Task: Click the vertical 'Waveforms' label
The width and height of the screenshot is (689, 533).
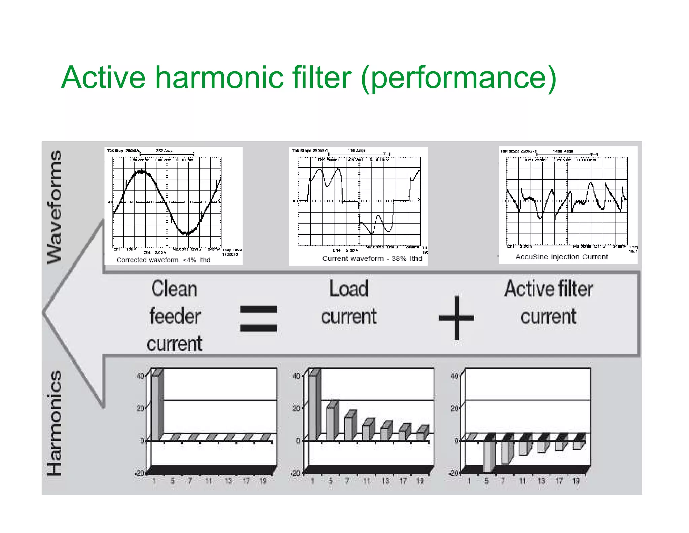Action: pyautogui.click(x=55, y=207)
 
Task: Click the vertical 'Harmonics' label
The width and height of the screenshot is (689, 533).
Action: pyautogui.click(x=55, y=423)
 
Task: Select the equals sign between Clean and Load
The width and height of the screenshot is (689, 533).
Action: pyautogui.click(x=258, y=318)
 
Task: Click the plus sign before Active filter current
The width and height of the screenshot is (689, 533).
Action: pyautogui.click(x=457, y=318)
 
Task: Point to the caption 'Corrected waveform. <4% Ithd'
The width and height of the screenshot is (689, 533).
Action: pyautogui.click(x=163, y=260)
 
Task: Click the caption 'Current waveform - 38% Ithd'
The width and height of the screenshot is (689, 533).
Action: pyautogui.click(x=372, y=258)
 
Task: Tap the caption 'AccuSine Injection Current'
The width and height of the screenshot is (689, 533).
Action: pyautogui.click(x=561, y=257)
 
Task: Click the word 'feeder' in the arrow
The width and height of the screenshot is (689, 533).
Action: pyautogui.click(x=175, y=316)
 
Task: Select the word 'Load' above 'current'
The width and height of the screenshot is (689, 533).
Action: pyautogui.click(x=349, y=289)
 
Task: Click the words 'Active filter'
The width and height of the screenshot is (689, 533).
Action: pyautogui.click(x=548, y=289)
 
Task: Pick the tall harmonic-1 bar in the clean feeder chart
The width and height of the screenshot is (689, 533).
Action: pyautogui.click(x=155, y=408)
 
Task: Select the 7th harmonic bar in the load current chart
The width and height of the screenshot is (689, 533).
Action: pyautogui.click(x=348, y=428)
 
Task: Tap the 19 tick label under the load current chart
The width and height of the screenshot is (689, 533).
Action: pyautogui.click(x=420, y=481)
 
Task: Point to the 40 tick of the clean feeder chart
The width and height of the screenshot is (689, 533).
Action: pyautogui.click(x=140, y=376)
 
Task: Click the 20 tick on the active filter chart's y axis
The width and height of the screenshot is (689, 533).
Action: pyautogui.click(x=454, y=408)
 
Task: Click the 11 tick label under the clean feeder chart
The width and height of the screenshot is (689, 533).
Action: pyautogui.click(x=209, y=481)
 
